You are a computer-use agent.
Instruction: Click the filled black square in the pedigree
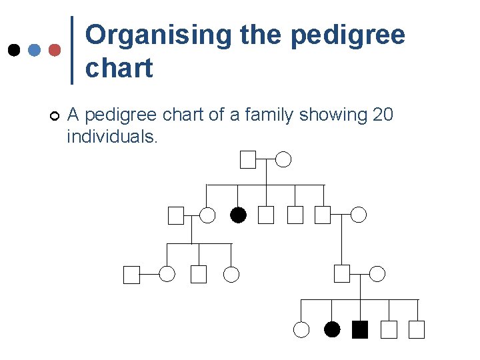tap(360, 329)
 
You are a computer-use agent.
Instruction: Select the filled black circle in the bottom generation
tap(332, 329)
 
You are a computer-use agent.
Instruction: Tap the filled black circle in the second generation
tap(238, 215)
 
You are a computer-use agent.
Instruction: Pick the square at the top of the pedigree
tap(248, 159)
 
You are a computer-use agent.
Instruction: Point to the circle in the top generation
tap(284, 159)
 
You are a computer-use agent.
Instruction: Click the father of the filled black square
tap(342, 273)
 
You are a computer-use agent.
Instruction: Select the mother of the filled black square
tap(377, 273)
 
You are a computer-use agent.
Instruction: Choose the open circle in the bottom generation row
tap(301, 329)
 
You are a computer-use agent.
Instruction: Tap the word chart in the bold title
tap(119, 68)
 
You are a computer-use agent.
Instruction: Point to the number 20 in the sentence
tap(383, 115)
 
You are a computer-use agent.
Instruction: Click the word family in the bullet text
tap(270, 115)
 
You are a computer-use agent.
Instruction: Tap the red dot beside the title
tap(55, 50)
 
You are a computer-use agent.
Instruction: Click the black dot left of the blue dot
tap(13, 50)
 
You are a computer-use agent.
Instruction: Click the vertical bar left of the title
tap(71, 50)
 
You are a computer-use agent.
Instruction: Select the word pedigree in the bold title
tap(348, 35)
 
